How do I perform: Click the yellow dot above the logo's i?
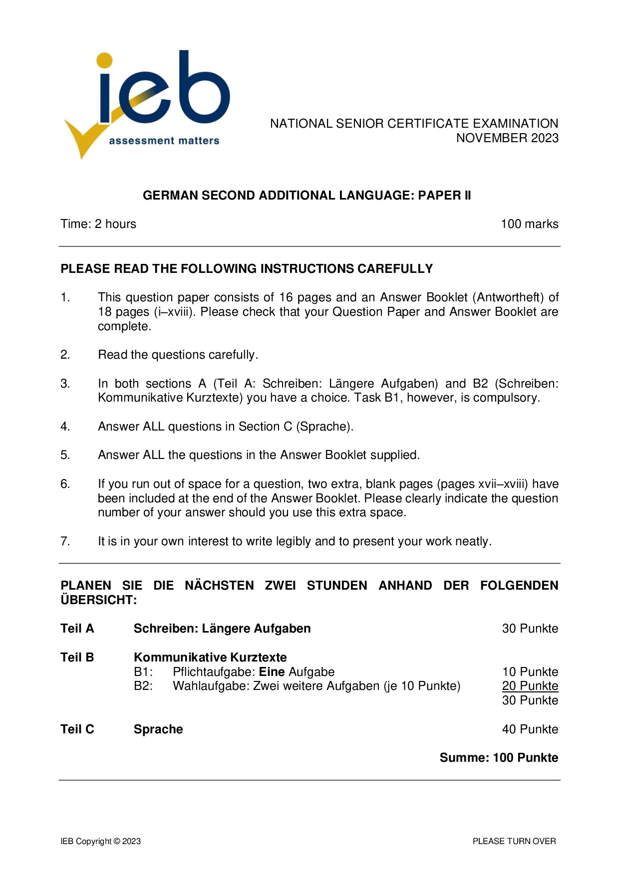click(105, 60)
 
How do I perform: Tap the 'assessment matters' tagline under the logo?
click(164, 141)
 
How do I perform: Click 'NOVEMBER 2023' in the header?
click(507, 138)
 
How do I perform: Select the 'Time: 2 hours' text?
click(98, 224)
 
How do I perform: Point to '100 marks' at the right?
click(529, 224)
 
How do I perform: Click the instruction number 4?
click(65, 427)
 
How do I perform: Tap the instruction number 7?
click(65, 541)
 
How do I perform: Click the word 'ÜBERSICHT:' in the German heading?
click(98, 600)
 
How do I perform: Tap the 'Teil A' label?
click(77, 629)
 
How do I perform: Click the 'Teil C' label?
click(77, 729)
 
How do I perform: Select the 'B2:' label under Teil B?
click(143, 686)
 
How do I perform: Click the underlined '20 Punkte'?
click(530, 686)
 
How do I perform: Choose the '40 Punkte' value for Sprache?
click(530, 729)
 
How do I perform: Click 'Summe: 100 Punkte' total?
click(498, 758)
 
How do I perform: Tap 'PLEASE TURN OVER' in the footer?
click(514, 841)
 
